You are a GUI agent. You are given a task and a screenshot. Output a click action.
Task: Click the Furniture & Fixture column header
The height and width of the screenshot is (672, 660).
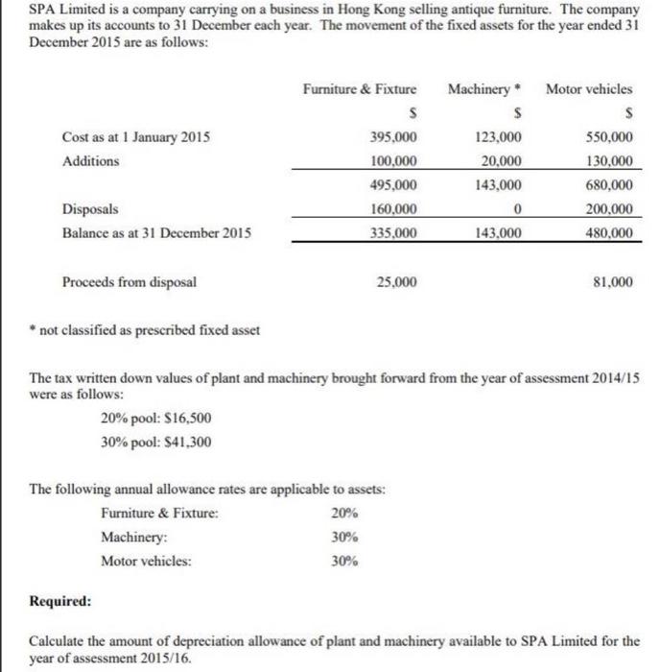(360, 89)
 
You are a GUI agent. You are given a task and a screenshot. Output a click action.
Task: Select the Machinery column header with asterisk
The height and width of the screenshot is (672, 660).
(483, 89)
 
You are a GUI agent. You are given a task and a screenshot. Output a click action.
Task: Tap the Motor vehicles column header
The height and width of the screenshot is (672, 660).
(589, 89)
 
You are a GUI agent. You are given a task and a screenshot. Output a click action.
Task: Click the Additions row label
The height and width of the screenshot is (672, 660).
(91, 161)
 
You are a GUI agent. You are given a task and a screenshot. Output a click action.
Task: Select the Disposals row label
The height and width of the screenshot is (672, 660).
(91, 208)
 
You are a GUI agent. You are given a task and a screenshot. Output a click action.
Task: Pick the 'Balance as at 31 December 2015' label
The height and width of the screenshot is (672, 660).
(151, 232)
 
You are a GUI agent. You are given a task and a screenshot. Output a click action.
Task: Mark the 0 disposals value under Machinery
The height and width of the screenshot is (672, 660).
(517, 208)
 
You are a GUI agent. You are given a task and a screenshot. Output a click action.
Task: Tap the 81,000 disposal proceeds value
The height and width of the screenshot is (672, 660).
(615, 282)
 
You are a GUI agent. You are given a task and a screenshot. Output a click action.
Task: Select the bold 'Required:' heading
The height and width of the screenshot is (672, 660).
(61, 601)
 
